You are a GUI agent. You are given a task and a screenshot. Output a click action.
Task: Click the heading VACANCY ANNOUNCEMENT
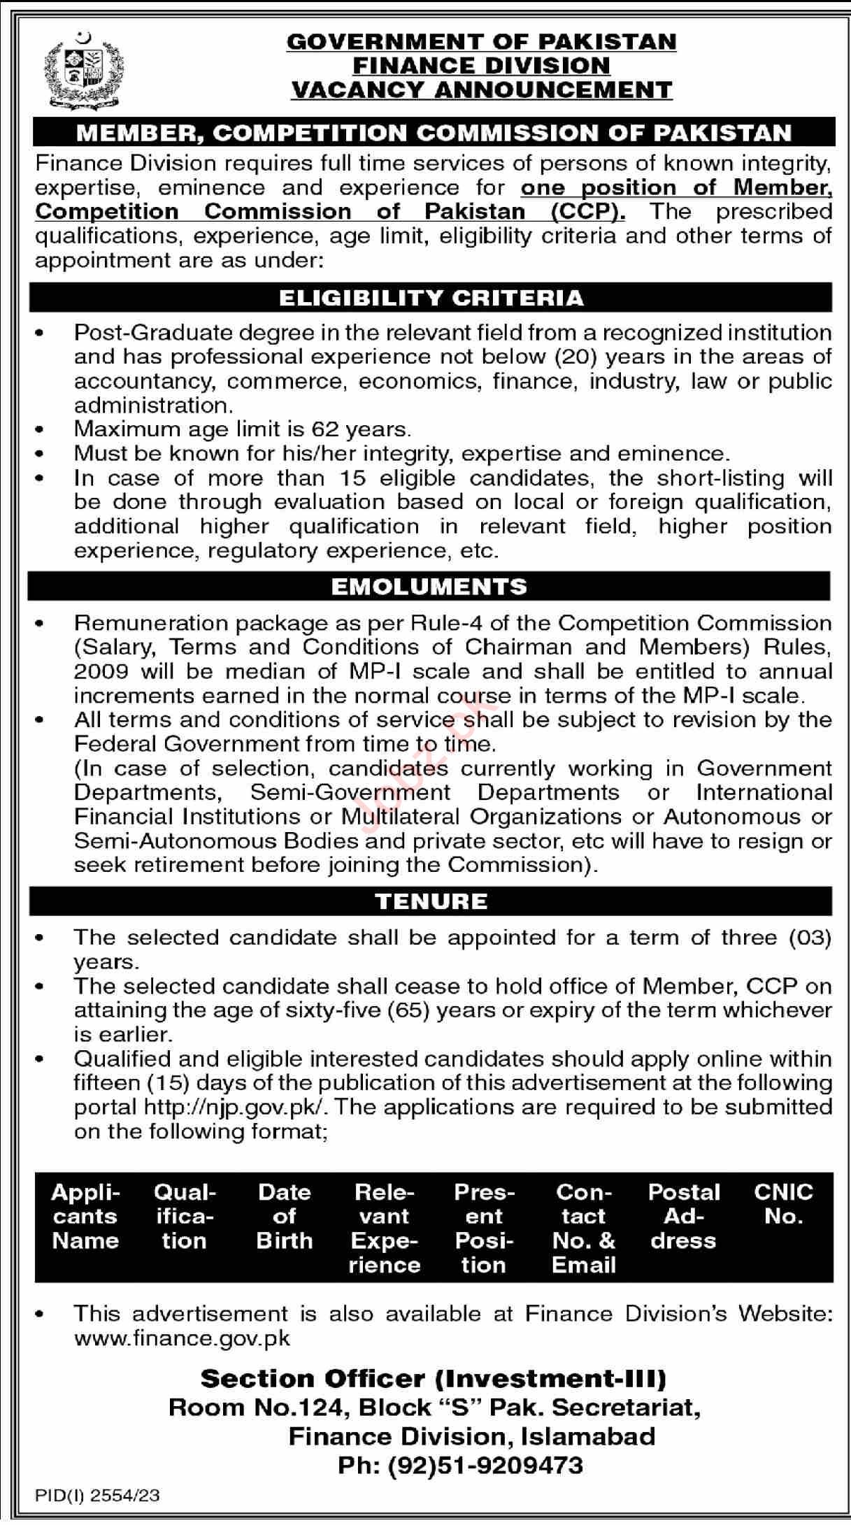(481, 90)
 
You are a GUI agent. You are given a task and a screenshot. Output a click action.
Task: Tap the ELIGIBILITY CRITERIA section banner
(431, 298)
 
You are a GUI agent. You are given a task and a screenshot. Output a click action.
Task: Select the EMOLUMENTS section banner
(429, 586)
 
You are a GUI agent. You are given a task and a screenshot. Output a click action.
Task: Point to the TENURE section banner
(431, 901)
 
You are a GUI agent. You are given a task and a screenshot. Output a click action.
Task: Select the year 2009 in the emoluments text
(101, 671)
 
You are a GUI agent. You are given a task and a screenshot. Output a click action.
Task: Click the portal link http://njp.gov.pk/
(236, 1108)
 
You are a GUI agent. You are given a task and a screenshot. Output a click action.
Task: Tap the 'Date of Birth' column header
(284, 1216)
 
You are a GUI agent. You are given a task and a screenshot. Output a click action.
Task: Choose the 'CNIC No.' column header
(783, 1204)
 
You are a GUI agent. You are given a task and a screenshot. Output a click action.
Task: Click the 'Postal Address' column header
(683, 1216)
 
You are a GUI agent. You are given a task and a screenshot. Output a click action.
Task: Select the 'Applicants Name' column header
(85, 1216)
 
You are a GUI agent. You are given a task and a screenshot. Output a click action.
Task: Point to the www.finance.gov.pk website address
(182, 1338)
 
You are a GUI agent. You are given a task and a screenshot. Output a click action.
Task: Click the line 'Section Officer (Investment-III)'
(434, 1379)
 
